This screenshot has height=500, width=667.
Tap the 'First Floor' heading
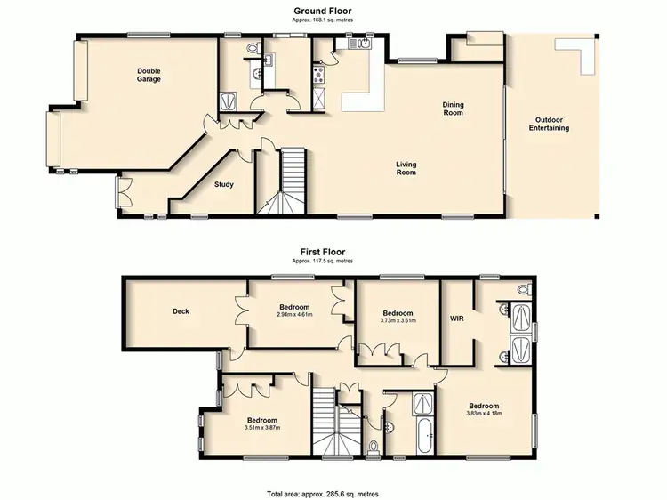click(321, 252)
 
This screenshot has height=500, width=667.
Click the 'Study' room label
click(225, 185)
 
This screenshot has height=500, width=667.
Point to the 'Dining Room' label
click(454, 109)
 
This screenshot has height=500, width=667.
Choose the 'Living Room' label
click(406, 168)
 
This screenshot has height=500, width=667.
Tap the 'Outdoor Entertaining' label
click(551, 125)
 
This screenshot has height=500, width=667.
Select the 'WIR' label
click(457, 318)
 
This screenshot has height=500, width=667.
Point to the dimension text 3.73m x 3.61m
click(398, 322)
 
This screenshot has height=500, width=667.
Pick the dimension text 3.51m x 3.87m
click(262, 428)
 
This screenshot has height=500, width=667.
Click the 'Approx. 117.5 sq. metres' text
click(321, 262)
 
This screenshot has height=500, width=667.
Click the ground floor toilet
click(252, 46)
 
